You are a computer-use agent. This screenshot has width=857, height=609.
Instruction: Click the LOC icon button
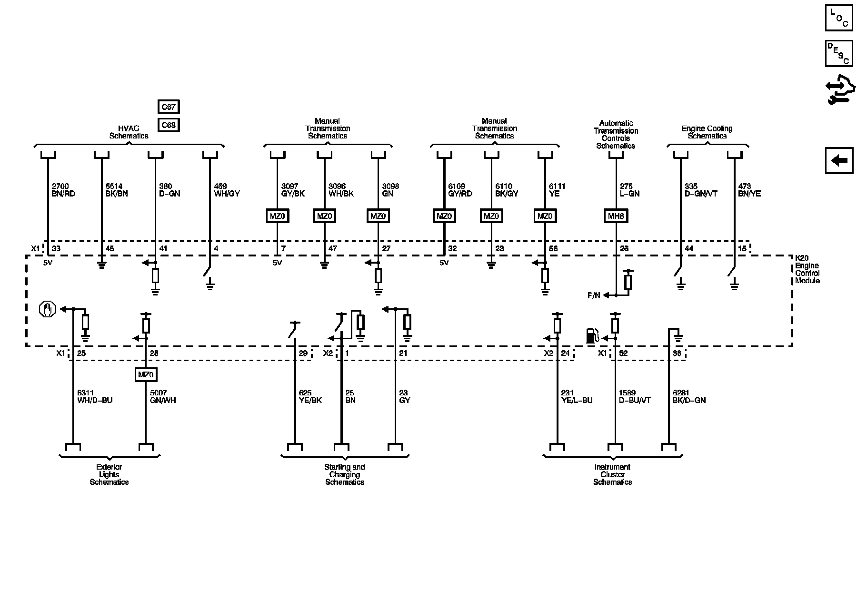coord(839,19)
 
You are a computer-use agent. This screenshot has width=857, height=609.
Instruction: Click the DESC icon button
coord(839,53)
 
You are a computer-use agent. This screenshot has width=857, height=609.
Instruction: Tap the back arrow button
coord(839,161)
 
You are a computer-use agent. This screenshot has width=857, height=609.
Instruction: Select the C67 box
coord(169,107)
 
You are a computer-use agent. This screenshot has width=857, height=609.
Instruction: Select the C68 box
coord(169,125)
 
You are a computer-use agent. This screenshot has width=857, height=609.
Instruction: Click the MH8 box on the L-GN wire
coord(616,216)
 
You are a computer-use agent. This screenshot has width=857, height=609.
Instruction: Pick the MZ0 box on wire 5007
coord(146,374)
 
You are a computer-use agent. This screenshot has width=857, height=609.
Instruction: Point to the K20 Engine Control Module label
coord(807,269)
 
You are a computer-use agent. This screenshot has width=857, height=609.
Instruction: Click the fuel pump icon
coord(592,335)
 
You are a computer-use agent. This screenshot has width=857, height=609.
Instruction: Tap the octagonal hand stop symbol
coord(47,310)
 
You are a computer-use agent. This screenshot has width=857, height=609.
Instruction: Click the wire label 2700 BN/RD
coord(63,190)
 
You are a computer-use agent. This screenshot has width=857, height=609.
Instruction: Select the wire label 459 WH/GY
coord(227,190)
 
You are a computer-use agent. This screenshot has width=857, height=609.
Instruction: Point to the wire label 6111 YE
coord(557,190)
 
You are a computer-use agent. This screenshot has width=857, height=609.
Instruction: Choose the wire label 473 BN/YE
coord(749,190)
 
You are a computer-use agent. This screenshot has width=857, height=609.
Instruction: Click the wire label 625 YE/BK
coord(310,396)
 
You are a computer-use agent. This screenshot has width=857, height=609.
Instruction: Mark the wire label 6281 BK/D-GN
coord(689,396)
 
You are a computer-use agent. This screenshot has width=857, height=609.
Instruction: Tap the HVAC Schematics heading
coord(129,132)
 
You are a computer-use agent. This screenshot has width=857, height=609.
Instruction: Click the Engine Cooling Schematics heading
coord(707,132)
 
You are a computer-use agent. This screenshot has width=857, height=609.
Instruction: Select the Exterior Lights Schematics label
coord(109,474)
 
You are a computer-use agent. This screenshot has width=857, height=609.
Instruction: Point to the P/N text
coord(594,295)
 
